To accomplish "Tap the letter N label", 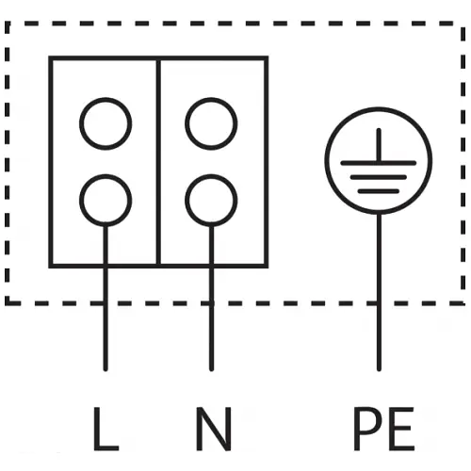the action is point(214,429).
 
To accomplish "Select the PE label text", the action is point(384,429).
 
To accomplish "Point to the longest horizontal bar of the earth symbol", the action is point(379,163).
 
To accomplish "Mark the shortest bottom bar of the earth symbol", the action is point(379,191).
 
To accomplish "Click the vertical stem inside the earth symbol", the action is point(379,145).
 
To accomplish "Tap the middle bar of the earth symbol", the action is point(379,177).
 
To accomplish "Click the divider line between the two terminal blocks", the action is point(158,162).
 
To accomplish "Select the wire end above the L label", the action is point(106,370).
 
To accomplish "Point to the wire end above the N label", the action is point(211,370).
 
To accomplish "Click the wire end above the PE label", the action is point(379,370).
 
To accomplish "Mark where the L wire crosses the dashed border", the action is point(106,303).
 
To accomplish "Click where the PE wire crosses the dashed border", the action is point(379,303).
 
